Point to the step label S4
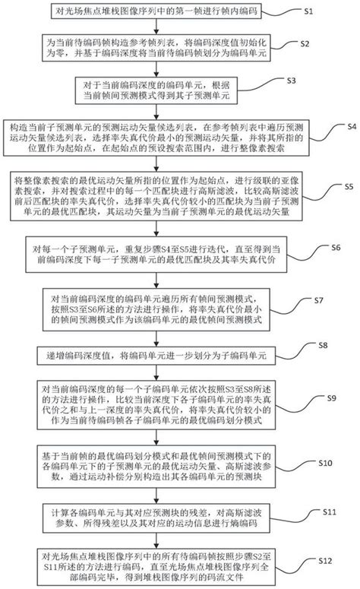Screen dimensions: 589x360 tap(346, 125)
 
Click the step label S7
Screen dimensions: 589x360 tap(319, 301)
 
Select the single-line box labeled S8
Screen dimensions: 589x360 tap(156, 353)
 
